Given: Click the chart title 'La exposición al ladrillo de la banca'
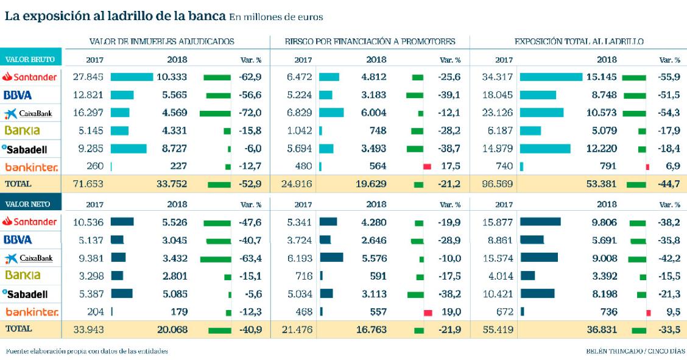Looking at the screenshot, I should click(x=116, y=16).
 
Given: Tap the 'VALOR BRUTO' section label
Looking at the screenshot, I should click(x=30, y=60).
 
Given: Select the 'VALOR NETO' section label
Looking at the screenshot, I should click(x=30, y=205).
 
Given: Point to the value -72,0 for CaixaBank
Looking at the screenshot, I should click(x=250, y=113).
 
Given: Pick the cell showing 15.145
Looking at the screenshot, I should click(x=603, y=77).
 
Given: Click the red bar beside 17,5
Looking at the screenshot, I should click(x=427, y=166).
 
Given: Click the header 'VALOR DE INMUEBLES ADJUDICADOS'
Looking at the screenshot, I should click(x=162, y=41).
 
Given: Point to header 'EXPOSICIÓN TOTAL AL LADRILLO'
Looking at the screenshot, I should click(x=580, y=41).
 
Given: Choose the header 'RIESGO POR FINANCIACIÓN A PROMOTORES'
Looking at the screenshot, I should click(x=370, y=41).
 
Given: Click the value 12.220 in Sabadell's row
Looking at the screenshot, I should click(x=603, y=148).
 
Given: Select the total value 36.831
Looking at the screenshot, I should click(x=603, y=330).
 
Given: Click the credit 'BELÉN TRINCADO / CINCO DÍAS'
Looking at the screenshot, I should click(x=633, y=351).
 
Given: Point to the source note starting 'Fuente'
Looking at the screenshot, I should click(x=86, y=351).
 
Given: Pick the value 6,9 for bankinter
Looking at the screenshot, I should click(x=672, y=166).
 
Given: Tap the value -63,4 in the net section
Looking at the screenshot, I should click(x=250, y=258).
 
